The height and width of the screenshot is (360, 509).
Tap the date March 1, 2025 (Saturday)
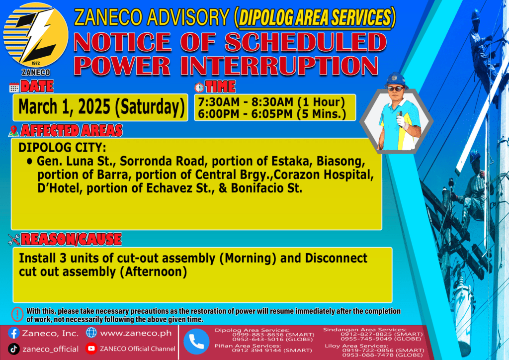pyautogui.click(x=101, y=107)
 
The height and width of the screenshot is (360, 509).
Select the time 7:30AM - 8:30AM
pyautogui.click(x=246, y=102)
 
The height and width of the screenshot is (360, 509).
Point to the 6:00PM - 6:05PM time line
pyautogui.click(x=272, y=114)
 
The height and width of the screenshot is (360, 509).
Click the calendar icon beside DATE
pyautogui.click(x=14, y=88)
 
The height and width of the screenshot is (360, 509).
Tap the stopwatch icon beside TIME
pyautogui.click(x=199, y=87)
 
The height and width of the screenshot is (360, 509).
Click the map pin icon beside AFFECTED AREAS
pyautogui.click(x=13, y=131)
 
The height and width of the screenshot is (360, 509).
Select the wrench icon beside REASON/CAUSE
pyautogui.click(x=13, y=240)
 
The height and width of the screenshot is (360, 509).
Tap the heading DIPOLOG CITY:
pyautogui.click(x=62, y=148)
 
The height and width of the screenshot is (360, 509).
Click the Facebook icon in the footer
pyautogui.click(x=13, y=333)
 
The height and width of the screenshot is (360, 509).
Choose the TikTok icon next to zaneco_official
pyautogui.click(x=13, y=349)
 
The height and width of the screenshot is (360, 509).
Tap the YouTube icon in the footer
pyautogui.click(x=91, y=348)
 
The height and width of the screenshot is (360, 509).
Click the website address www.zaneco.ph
pyautogui.click(x=136, y=333)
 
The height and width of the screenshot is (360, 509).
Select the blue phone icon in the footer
pyautogui.click(x=196, y=342)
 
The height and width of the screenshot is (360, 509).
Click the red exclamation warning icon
pyautogui.click(x=17, y=314)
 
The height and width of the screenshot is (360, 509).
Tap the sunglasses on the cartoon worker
pyautogui.click(x=396, y=89)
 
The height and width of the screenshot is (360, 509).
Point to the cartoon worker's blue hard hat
pyautogui.click(x=395, y=80)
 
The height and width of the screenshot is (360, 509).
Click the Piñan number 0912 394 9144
pyautogui.click(x=272, y=350)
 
